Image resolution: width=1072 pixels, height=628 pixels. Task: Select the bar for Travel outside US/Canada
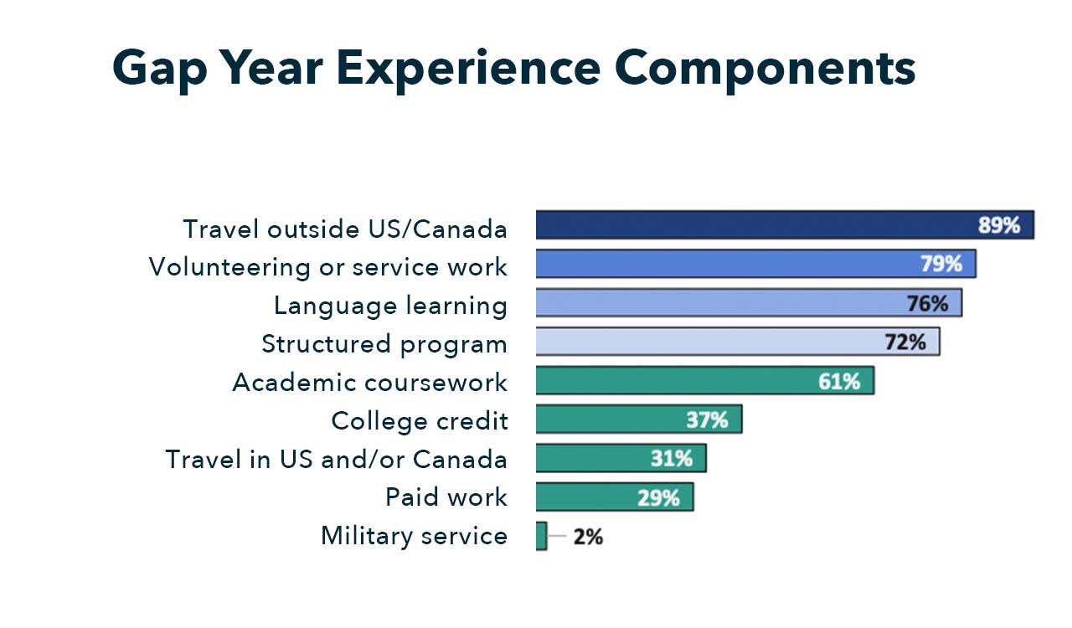click(754, 225)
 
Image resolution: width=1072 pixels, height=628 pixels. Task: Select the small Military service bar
click(541, 536)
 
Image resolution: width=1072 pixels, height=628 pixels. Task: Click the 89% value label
click(999, 225)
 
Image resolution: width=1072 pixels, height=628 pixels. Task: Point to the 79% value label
click(941, 264)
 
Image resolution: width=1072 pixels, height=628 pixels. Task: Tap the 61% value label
click(839, 381)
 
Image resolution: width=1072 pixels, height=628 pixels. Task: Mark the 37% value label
click(707, 420)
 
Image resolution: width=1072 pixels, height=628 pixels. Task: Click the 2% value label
click(588, 536)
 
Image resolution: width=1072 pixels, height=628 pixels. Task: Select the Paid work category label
click(446, 497)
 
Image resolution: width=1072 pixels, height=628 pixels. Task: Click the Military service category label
click(414, 536)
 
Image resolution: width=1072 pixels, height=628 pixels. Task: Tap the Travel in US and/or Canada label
click(336, 459)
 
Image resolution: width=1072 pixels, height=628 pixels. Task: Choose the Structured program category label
click(384, 343)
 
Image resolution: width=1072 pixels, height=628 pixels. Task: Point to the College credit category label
click(420, 420)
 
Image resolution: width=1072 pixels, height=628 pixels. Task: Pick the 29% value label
click(658, 498)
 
